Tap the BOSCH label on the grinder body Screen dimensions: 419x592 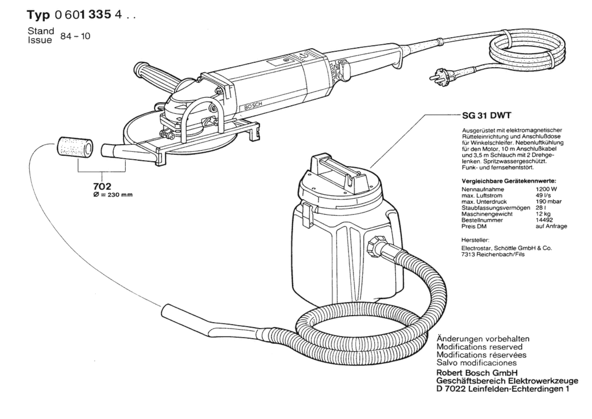coord(253,106)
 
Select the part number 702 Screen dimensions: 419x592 coord(102,186)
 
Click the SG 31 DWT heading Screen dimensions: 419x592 coord(487,115)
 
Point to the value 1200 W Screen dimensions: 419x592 coord(546,189)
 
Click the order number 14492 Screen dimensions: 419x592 coord(544,220)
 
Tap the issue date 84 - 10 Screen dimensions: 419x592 coord(75,36)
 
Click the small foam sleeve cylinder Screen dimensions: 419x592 coord(75,147)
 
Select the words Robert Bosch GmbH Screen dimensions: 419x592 coord(477,373)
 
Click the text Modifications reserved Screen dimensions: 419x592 coord(479,347)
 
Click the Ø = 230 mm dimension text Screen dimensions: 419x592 coord(113,195)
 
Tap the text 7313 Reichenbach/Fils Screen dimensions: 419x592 coord(493,254)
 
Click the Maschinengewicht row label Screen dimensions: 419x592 coord(487,214)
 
